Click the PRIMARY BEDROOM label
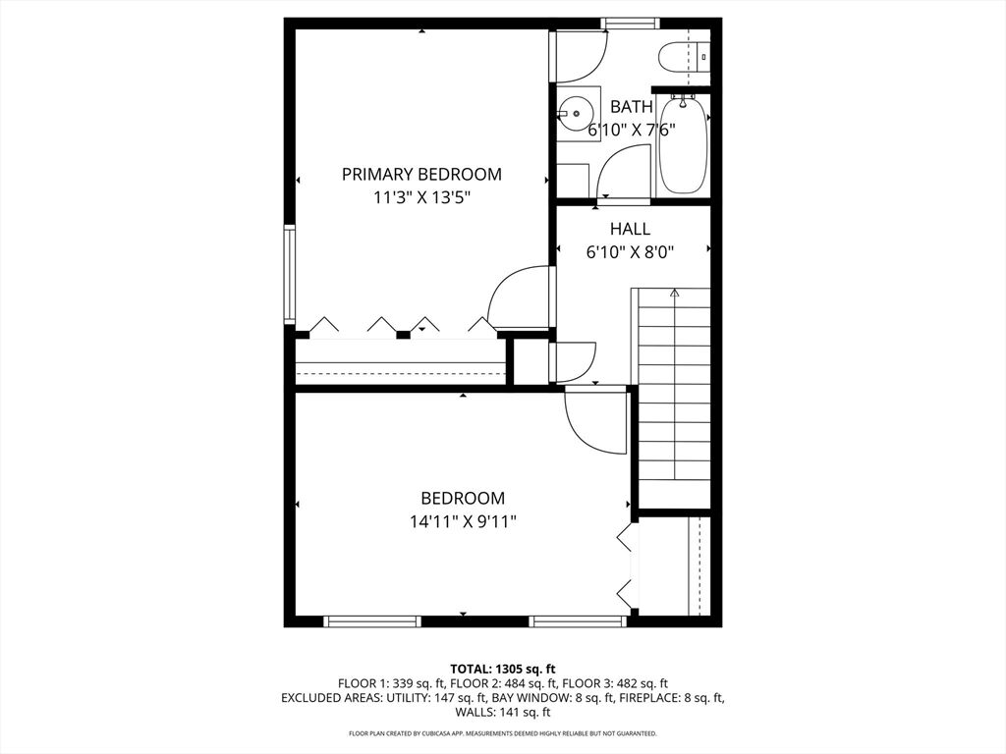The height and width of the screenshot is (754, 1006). pyautogui.click(x=421, y=175)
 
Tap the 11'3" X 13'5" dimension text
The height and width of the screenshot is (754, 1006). pyautogui.click(x=422, y=198)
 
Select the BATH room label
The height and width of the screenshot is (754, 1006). pyautogui.click(x=632, y=106)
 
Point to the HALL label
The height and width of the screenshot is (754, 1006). pyautogui.click(x=630, y=229)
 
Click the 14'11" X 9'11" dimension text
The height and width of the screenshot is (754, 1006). pyautogui.click(x=464, y=522)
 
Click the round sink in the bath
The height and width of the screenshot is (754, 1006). pyautogui.click(x=575, y=114)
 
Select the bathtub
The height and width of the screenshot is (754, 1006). pyautogui.click(x=684, y=145)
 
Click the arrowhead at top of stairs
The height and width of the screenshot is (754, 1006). pyautogui.click(x=674, y=293)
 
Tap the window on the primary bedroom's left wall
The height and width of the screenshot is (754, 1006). pyautogui.click(x=290, y=276)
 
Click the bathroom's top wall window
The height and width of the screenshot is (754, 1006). pyautogui.click(x=630, y=24)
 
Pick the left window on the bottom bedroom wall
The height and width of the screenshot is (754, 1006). pyautogui.click(x=372, y=620)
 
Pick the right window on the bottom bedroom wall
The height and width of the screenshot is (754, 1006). pyautogui.click(x=578, y=620)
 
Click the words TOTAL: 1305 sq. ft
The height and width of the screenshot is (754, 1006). pyautogui.click(x=503, y=670)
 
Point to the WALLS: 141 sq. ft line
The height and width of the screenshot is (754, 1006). pyautogui.click(x=503, y=712)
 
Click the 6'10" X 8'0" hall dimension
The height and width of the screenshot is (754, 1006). pyautogui.click(x=630, y=252)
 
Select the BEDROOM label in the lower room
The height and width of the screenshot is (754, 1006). pyautogui.click(x=463, y=498)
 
